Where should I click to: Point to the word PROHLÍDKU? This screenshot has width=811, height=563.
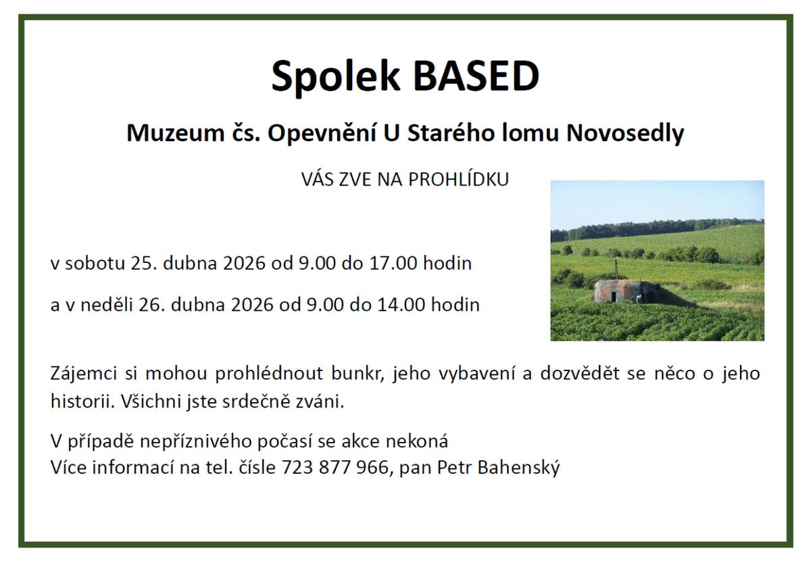pos(459,180)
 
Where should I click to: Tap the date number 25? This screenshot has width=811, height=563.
pos(143,263)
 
